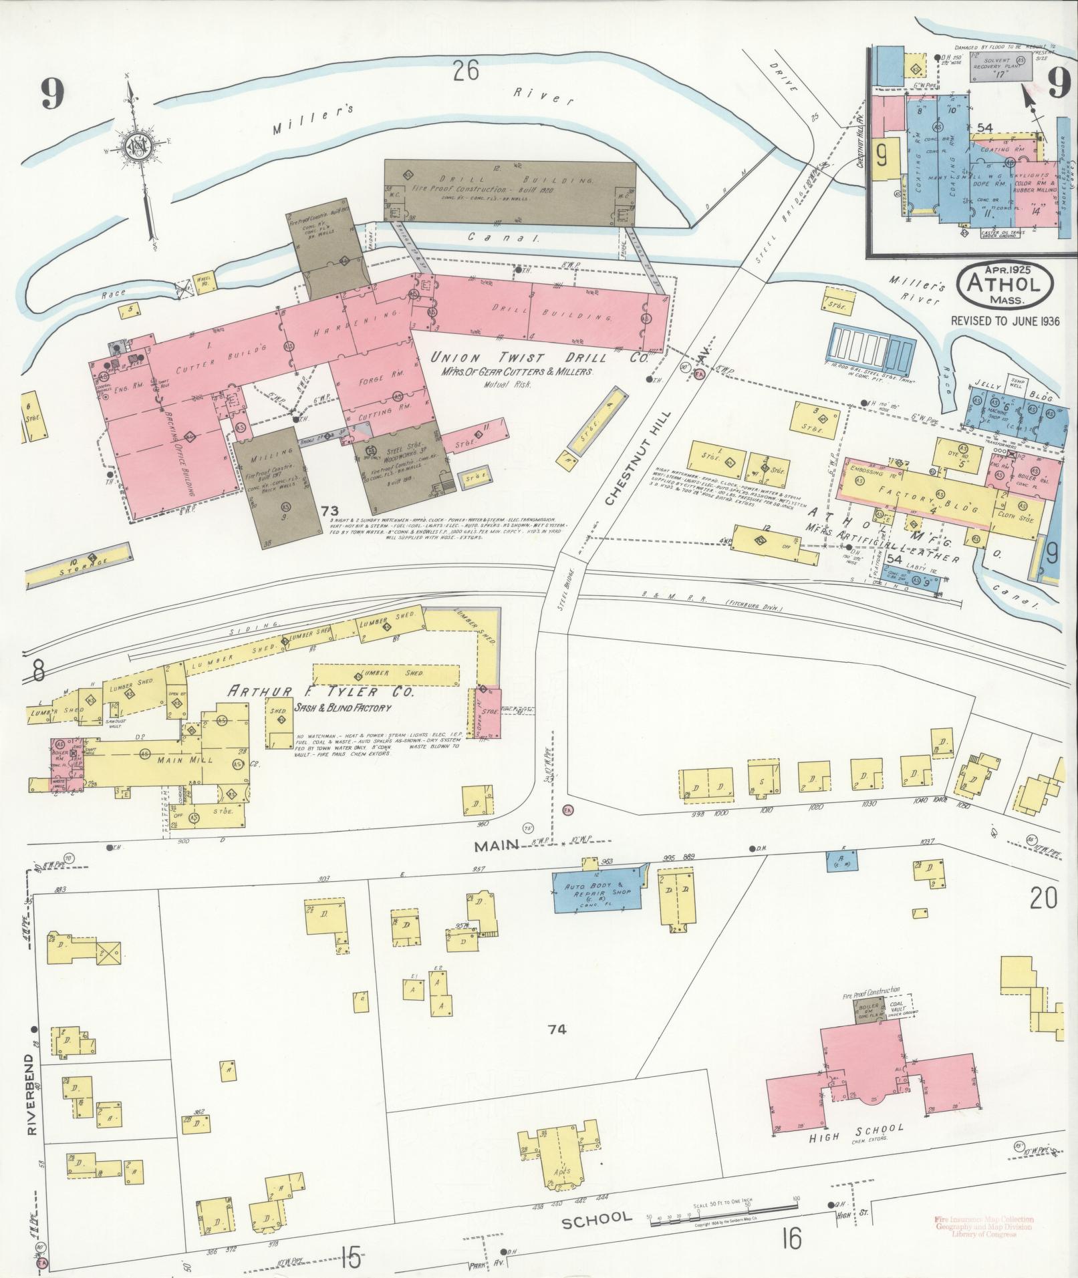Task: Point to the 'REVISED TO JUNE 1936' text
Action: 1006,320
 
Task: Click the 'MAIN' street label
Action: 497,846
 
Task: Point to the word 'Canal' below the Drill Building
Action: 495,237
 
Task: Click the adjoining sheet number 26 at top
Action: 465,71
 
